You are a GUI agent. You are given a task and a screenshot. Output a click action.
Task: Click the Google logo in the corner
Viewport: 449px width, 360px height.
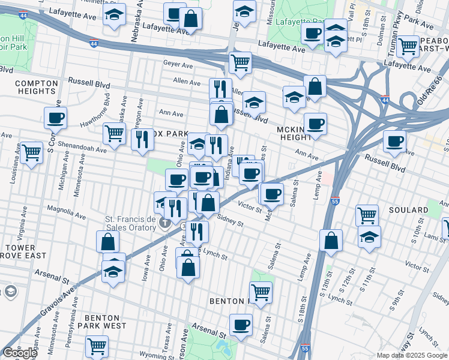pos(19,353)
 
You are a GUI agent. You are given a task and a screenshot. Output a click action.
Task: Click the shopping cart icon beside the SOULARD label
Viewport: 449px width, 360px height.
pos(367,214)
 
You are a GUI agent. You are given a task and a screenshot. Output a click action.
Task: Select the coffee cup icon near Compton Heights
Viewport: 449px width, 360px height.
pos(55,117)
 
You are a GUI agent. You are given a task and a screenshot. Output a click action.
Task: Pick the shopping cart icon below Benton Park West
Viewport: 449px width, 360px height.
pos(97,346)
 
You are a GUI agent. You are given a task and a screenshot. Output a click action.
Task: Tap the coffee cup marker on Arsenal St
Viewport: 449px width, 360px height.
pos(241,325)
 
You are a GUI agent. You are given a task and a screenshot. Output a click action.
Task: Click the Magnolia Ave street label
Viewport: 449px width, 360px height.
pos(63,212)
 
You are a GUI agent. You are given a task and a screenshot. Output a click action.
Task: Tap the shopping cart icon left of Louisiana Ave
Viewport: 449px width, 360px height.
pos(31,151)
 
